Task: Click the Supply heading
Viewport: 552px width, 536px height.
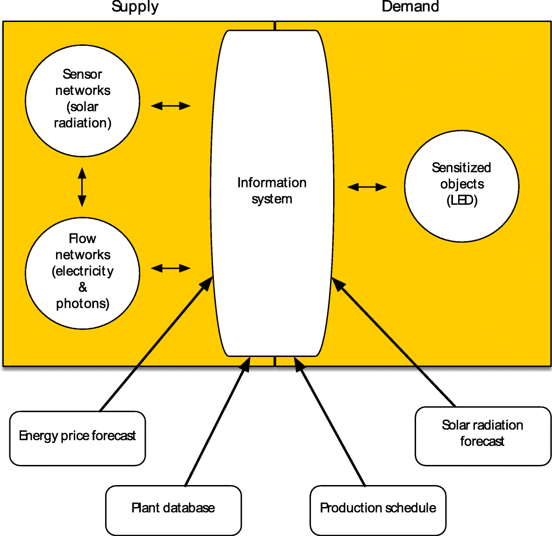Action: click(135, 7)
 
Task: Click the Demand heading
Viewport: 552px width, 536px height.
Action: click(410, 7)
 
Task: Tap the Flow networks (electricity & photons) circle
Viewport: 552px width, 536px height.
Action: click(83, 273)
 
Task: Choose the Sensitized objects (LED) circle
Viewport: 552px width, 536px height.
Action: click(461, 186)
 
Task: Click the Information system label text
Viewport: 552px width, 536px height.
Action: click(272, 191)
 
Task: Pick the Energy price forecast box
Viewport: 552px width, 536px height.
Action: click(78, 438)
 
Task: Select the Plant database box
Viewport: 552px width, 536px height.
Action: click(173, 509)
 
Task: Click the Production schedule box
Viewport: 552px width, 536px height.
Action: click(378, 509)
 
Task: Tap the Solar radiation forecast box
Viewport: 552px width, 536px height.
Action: click(482, 435)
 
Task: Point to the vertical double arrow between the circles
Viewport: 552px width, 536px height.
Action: click(82, 187)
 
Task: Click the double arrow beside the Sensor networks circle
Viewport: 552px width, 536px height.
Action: click(171, 106)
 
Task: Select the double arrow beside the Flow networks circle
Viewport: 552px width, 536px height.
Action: click(171, 268)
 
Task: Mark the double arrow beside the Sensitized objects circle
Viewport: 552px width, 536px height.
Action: click(367, 187)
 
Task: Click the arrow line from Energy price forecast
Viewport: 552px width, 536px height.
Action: click(154, 346)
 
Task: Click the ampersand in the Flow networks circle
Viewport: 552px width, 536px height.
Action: click(83, 287)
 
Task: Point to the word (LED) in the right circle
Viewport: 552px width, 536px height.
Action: click(462, 200)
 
